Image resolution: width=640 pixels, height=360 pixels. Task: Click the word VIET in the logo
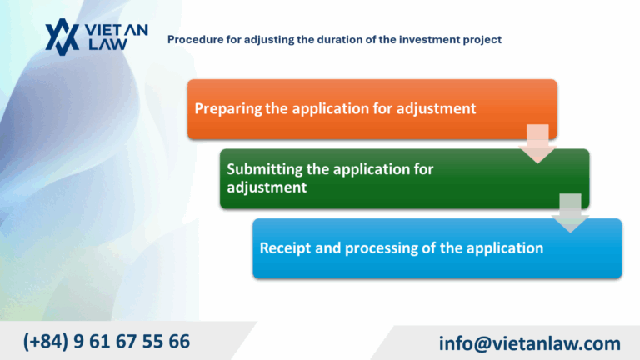pyautogui.click(x=106, y=30)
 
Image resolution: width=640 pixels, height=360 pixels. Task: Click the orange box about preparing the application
pyautogui.click(x=371, y=108)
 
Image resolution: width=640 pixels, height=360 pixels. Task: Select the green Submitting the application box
pyautogui.click(x=404, y=178)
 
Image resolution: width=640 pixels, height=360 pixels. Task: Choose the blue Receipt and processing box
pyautogui.click(x=437, y=248)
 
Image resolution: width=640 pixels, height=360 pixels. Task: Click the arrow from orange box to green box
pyautogui.click(x=537, y=142)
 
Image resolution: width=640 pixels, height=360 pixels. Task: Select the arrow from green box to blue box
pyautogui.click(x=570, y=212)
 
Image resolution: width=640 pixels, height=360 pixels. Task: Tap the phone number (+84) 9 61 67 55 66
pyautogui.click(x=107, y=341)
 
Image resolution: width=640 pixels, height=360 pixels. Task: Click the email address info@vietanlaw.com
pyautogui.click(x=529, y=343)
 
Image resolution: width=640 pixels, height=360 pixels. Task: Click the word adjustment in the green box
pyautogui.click(x=267, y=187)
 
